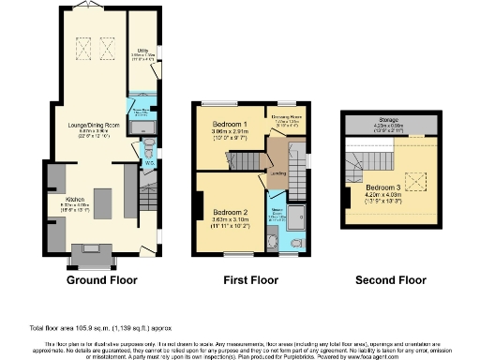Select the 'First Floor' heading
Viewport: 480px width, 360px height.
pyautogui.click(x=248, y=279)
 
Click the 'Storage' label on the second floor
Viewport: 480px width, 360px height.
pyautogui.click(x=390, y=119)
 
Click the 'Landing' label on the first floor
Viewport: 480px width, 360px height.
pyautogui.click(x=278, y=172)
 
